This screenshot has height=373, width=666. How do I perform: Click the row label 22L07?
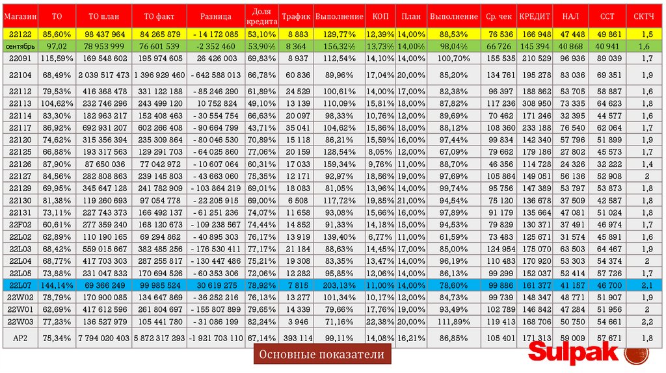coord(20,285)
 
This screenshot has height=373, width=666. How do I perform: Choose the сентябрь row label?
coord(20,47)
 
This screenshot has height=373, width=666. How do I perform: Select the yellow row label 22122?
coord(20,34)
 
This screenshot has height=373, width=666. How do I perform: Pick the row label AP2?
coord(20,338)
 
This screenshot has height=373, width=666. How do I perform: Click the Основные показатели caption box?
coord(323,355)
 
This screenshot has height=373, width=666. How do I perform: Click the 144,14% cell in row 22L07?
coord(57,285)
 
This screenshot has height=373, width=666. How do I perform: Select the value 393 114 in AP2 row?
coord(297,338)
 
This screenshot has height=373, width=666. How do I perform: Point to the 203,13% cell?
coord(338,285)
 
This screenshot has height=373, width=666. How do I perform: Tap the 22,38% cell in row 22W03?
coord(380,321)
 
